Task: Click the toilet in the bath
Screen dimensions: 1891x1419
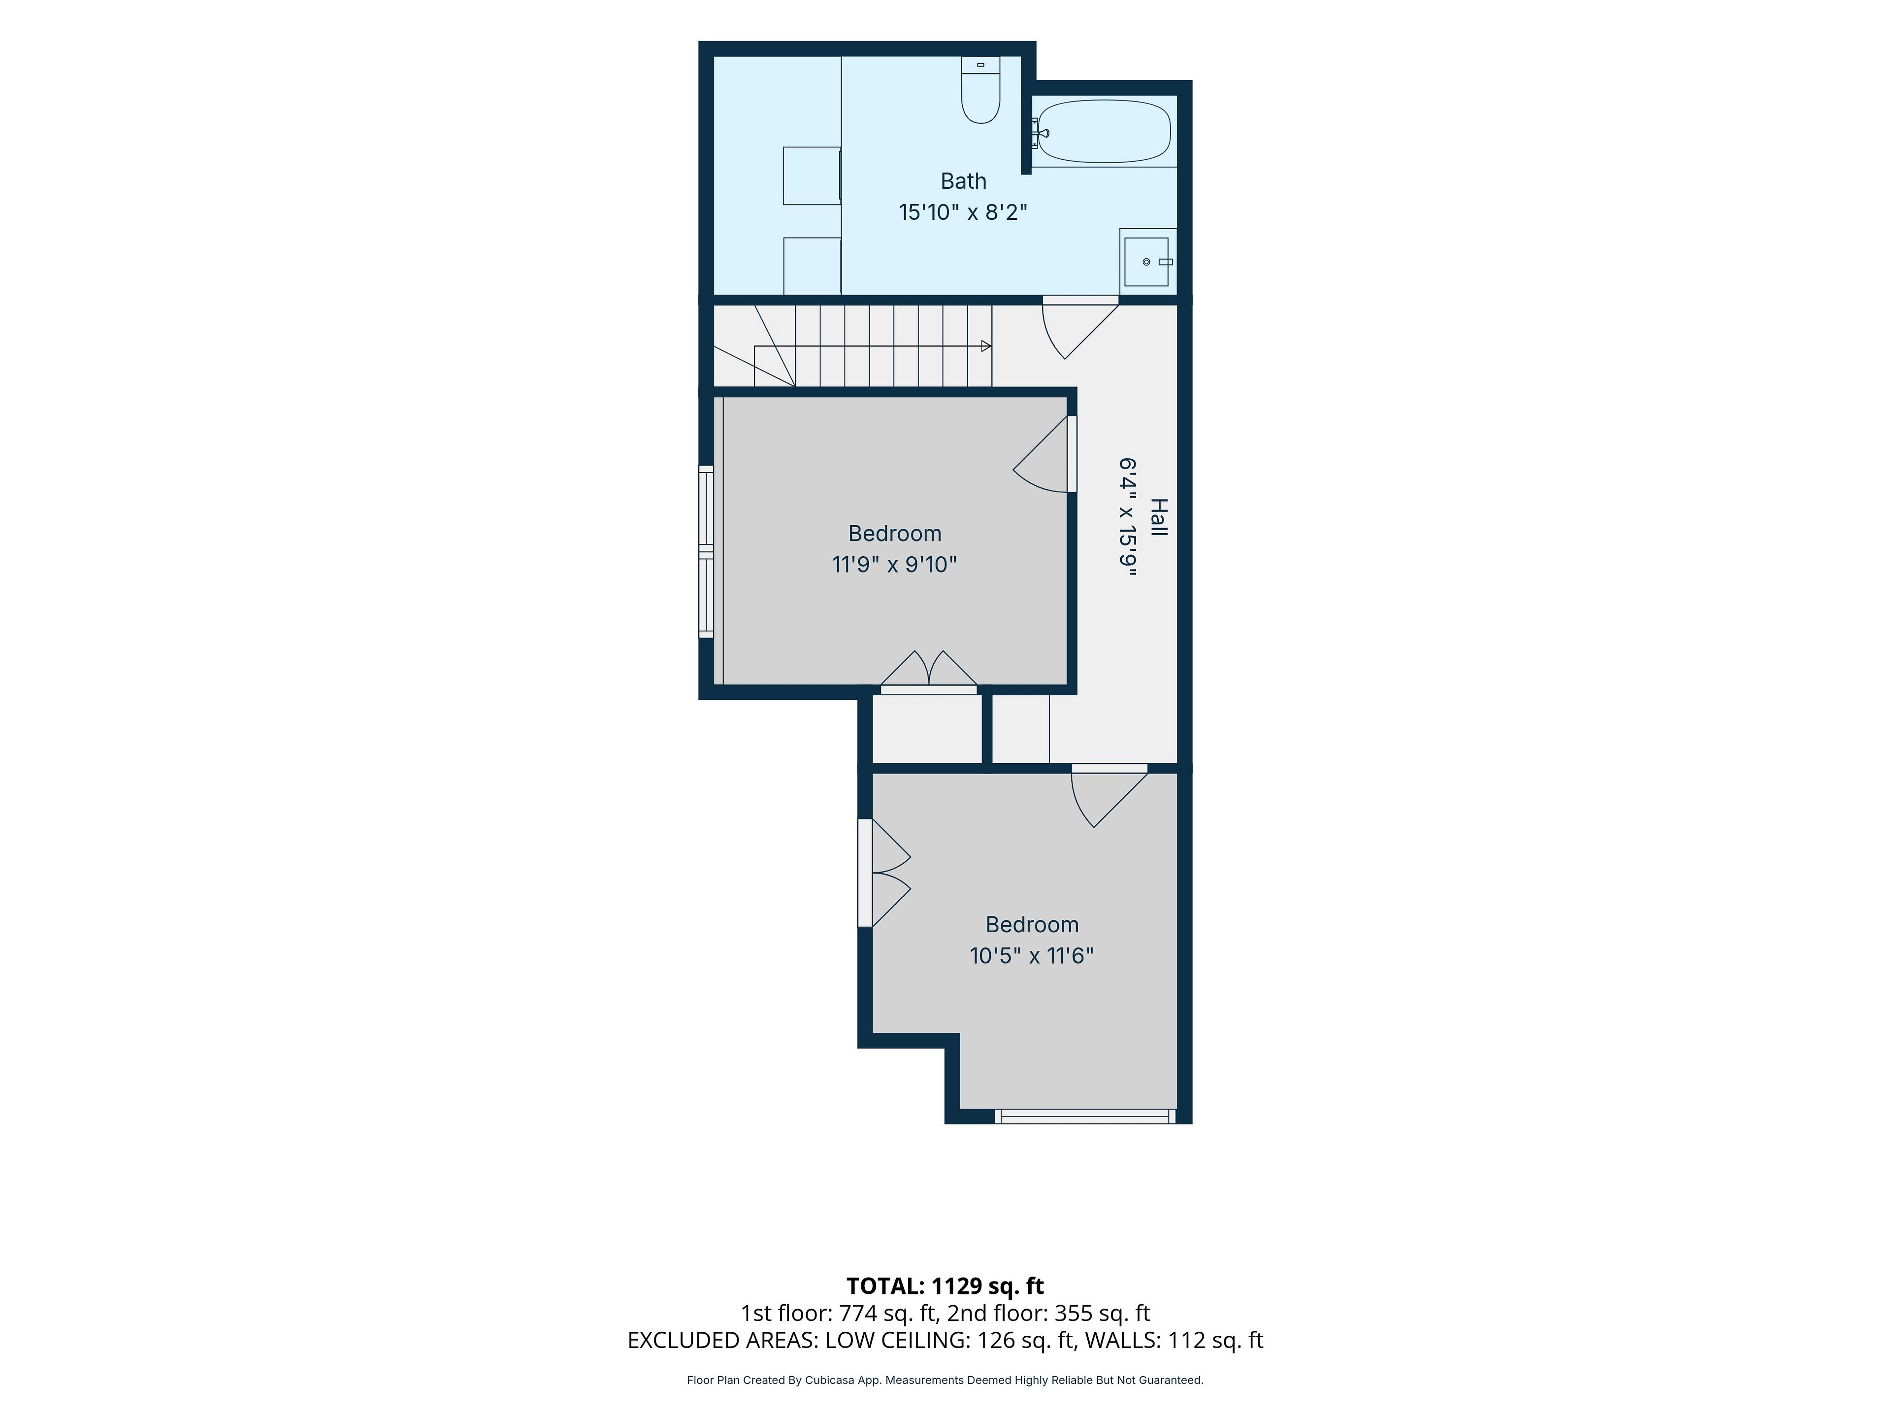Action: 980,90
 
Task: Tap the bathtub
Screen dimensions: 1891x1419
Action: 1104,132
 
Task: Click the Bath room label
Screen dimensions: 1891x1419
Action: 963,181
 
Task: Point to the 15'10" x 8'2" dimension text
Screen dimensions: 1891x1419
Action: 963,212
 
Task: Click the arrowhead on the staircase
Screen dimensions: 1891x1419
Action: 986,346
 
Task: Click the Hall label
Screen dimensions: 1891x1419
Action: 1158,517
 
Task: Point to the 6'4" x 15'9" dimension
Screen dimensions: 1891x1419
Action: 1129,517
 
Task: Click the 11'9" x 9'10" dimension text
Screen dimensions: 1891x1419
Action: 894,565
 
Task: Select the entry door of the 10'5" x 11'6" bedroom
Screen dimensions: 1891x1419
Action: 1109,795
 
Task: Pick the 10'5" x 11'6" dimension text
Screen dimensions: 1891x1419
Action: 1032,955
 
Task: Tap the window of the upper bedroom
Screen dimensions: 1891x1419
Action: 706,552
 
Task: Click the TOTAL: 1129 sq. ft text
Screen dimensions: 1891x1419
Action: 945,1285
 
